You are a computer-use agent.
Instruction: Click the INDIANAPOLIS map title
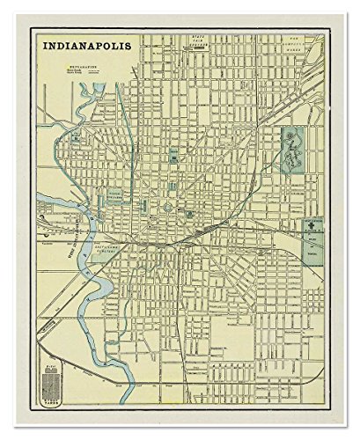coord(84,43)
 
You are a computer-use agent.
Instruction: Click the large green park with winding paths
coord(297,146)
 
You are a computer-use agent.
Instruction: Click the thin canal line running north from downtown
coord(132,132)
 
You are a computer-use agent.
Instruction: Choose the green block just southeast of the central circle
coord(188,214)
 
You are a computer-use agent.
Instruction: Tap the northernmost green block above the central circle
coord(174,158)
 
